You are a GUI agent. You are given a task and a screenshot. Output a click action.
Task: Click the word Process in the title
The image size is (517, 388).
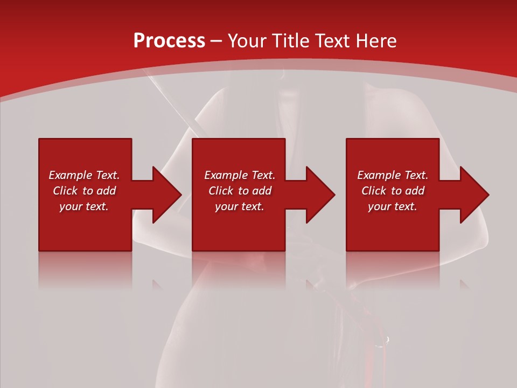point(169,41)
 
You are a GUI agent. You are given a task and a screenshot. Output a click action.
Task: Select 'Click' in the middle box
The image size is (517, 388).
point(221,191)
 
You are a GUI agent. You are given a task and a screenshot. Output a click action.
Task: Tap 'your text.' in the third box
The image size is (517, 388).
point(392,206)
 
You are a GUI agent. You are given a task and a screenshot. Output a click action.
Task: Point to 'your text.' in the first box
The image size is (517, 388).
point(84,206)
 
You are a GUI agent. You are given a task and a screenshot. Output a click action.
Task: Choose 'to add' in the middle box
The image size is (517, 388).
point(255,191)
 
